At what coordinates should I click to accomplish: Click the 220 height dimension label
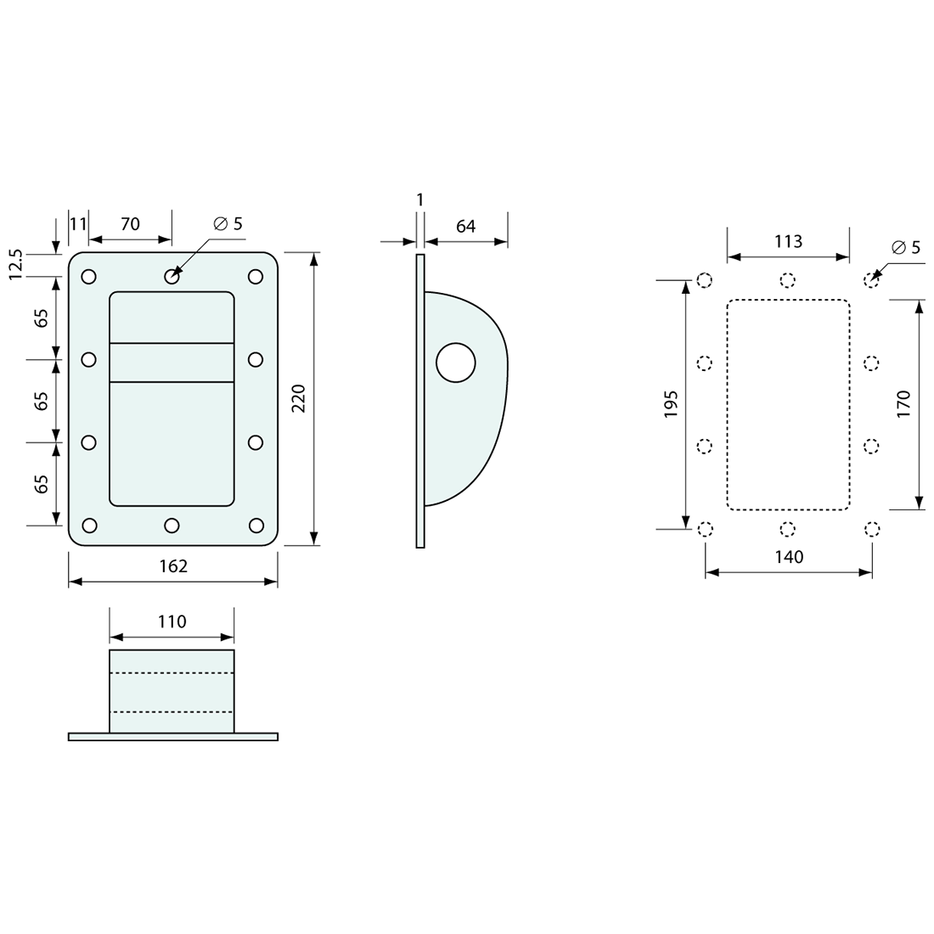[x=299, y=398]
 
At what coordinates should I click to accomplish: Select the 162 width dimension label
[x=173, y=565]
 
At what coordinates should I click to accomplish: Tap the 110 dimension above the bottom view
[x=172, y=622]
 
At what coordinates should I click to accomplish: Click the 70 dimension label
[x=130, y=224]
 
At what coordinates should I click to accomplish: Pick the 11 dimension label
[x=78, y=224]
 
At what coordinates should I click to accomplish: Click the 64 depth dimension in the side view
[x=466, y=226]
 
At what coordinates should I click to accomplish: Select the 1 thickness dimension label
[x=419, y=200]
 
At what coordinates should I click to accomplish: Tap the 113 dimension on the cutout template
[x=788, y=241]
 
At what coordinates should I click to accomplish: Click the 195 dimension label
[x=671, y=404]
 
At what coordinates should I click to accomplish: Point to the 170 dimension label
[x=903, y=403]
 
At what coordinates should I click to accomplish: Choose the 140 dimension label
[x=789, y=557]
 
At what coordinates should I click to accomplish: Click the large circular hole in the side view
[x=456, y=363]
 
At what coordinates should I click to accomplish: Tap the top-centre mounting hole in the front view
[x=172, y=276]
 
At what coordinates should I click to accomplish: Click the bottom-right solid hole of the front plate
[x=255, y=526]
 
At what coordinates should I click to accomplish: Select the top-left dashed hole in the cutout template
[x=704, y=281]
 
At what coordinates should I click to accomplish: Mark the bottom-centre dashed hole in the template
[x=788, y=530]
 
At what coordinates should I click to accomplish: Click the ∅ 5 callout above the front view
[x=228, y=224]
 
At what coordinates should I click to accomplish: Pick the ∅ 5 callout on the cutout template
[x=906, y=248]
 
